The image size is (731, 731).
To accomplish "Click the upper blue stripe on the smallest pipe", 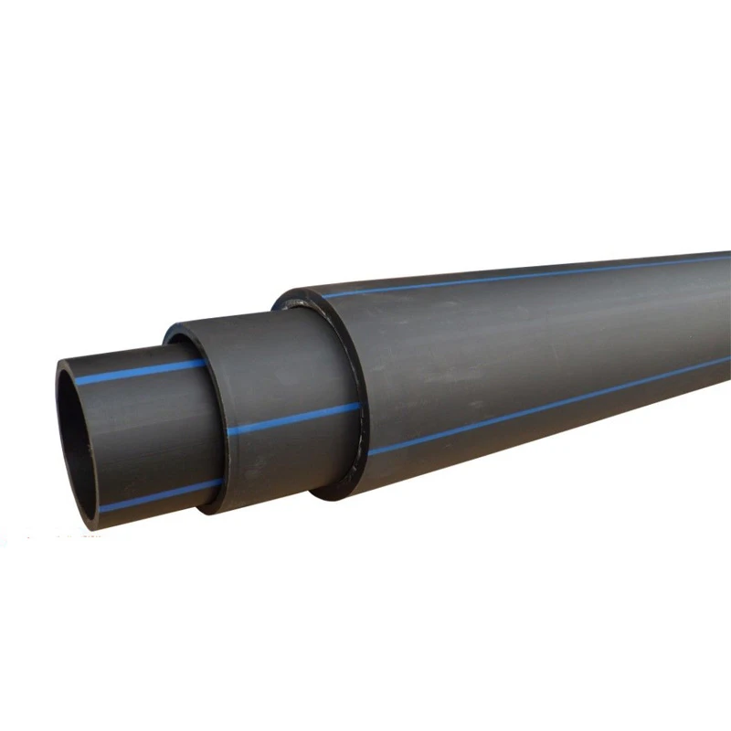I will click(x=137, y=373).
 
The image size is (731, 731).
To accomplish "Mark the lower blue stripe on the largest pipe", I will click(x=548, y=403).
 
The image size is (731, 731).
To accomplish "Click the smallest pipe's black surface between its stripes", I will click(x=146, y=429).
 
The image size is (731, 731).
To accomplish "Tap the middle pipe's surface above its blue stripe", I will click(x=274, y=365).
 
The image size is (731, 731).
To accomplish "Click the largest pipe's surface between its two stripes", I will click(x=530, y=338).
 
